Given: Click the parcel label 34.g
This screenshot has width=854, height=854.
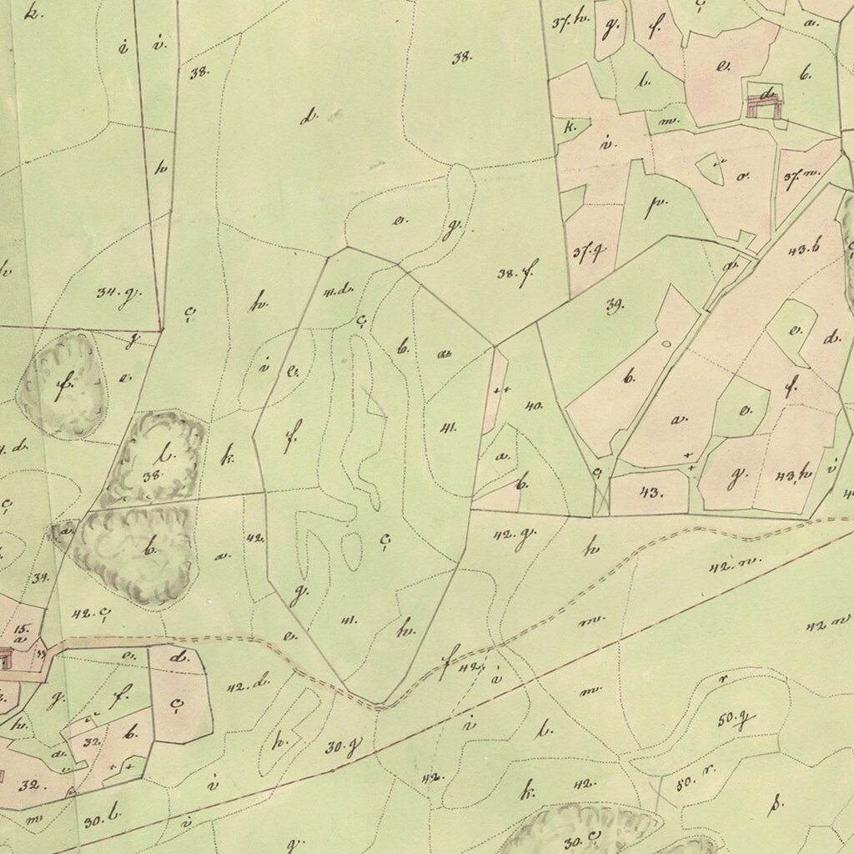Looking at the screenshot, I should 118,294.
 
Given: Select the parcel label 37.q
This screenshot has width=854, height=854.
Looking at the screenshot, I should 588,253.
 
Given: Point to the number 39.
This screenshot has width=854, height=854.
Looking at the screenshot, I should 615,306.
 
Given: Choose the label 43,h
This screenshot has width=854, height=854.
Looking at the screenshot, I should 793,475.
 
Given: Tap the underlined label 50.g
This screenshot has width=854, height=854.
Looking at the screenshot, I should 736,718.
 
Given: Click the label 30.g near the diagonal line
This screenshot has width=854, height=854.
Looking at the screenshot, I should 342,747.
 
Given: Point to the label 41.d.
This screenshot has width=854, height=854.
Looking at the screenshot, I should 339,290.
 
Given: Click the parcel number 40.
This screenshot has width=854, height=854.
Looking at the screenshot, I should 534,406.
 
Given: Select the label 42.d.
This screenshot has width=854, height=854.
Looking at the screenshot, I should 248,686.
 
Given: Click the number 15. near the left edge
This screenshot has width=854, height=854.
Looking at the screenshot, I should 21,627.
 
